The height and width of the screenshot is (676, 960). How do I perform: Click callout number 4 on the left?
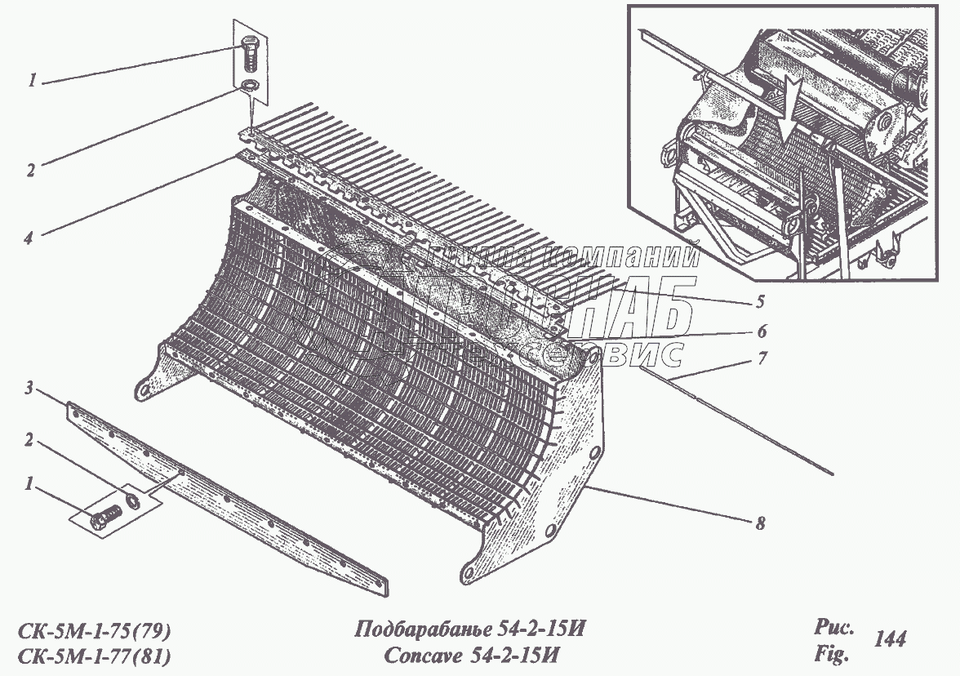(x=28, y=238)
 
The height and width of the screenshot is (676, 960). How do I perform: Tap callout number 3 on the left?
(x=28, y=390)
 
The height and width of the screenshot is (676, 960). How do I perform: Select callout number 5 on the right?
(x=759, y=302)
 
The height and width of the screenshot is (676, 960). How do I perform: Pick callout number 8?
(x=759, y=523)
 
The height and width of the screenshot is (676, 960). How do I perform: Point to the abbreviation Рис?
(x=833, y=629)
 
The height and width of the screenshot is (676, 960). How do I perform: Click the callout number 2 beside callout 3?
(x=29, y=441)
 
